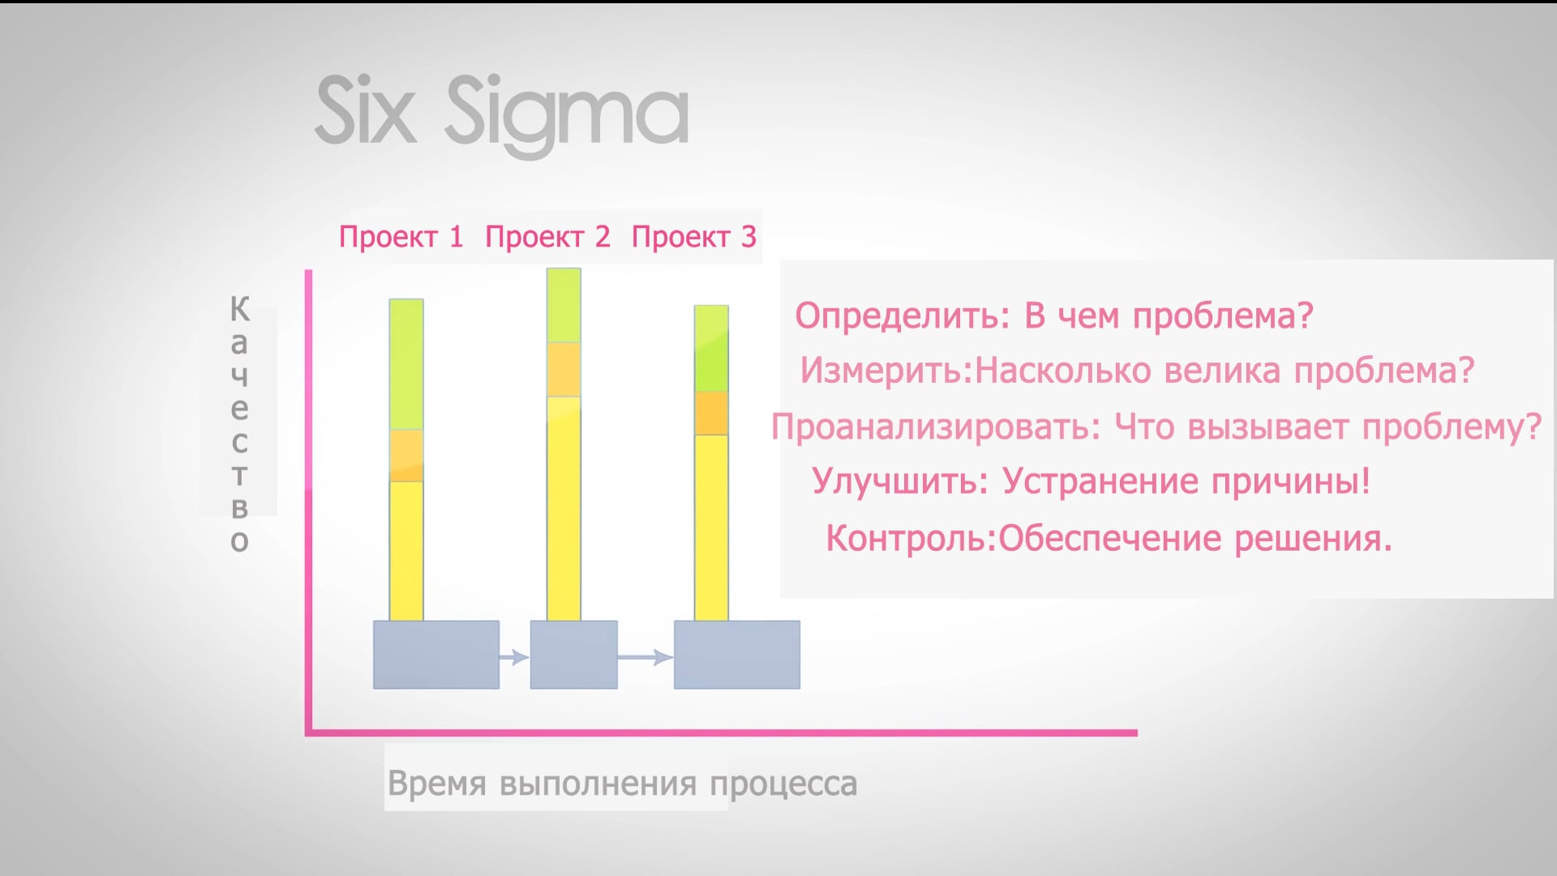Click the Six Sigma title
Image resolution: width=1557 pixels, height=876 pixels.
(502, 114)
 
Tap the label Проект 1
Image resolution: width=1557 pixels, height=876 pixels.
(401, 237)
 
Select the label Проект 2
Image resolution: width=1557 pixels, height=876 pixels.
(547, 237)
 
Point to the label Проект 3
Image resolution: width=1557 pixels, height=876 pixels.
(694, 237)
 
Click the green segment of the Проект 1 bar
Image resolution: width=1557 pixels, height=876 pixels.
(406, 364)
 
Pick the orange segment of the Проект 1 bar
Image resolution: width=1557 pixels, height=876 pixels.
(406, 456)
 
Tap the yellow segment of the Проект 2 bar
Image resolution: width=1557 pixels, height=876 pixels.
(564, 509)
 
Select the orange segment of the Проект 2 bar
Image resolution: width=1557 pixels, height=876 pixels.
(564, 370)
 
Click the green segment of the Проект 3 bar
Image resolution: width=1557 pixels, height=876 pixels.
(711, 349)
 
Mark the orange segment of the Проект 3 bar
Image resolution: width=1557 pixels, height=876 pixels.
(711, 414)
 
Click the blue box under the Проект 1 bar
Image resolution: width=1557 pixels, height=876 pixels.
(436, 655)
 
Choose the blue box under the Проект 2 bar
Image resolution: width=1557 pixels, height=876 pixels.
(574, 655)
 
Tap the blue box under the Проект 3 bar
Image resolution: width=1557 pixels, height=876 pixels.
(737, 655)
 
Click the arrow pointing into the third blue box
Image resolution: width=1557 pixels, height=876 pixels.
(646, 656)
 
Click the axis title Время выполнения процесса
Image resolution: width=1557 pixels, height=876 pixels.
(622, 784)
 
